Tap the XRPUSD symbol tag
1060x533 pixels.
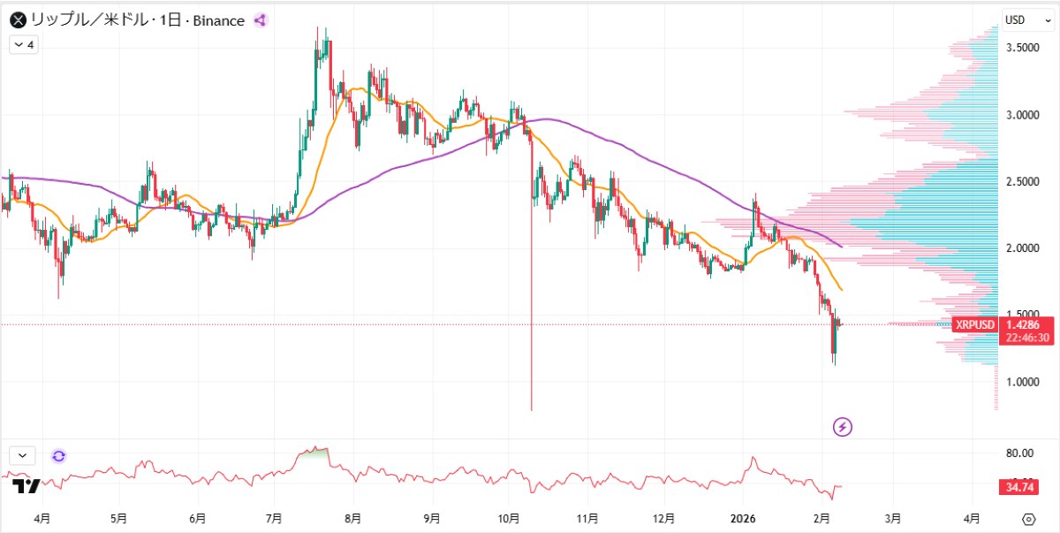(x=975, y=324)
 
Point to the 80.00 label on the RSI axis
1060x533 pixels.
(x=1019, y=453)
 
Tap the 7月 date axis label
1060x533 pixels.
(x=274, y=518)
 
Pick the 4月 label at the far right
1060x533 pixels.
(x=971, y=518)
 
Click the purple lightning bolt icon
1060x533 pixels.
(x=843, y=427)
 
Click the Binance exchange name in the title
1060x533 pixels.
(x=216, y=20)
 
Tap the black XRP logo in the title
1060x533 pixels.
(x=17, y=20)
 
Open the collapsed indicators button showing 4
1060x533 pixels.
(x=24, y=44)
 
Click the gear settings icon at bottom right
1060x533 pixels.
(x=1028, y=518)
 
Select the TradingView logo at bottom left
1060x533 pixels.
(x=26, y=485)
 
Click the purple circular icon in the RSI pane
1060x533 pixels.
(x=58, y=456)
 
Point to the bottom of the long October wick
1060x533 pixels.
(x=532, y=410)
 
